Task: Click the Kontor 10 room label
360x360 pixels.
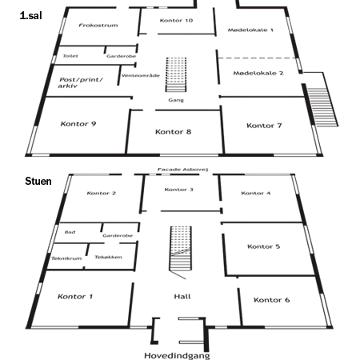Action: [x=176, y=21]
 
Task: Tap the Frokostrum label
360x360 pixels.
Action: [x=98, y=26]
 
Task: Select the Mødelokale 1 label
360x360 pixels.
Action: [x=250, y=30]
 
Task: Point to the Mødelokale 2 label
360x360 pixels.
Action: [x=258, y=73]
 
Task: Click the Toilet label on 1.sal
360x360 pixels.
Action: [x=70, y=56]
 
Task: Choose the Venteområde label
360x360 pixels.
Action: [x=141, y=75]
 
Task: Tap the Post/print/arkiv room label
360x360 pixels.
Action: [x=81, y=82]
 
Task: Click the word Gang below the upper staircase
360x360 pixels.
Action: [x=176, y=100]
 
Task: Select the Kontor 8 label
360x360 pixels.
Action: [x=174, y=132]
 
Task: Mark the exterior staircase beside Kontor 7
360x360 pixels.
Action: [x=322, y=106]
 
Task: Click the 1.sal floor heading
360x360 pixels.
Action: [x=31, y=15]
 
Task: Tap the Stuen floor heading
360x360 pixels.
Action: [x=38, y=182]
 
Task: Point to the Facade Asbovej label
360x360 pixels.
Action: [x=182, y=170]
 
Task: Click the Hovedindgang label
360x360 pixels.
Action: [x=177, y=355]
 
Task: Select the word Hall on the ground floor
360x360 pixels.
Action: [x=182, y=297]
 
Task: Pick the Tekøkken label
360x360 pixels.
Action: [x=108, y=257]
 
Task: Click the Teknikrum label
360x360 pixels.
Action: [x=66, y=258]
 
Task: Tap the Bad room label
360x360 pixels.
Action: [x=70, y=232]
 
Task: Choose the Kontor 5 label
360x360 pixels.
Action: [x=264, y=246]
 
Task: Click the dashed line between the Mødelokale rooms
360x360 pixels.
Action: [x=258, y=58]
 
